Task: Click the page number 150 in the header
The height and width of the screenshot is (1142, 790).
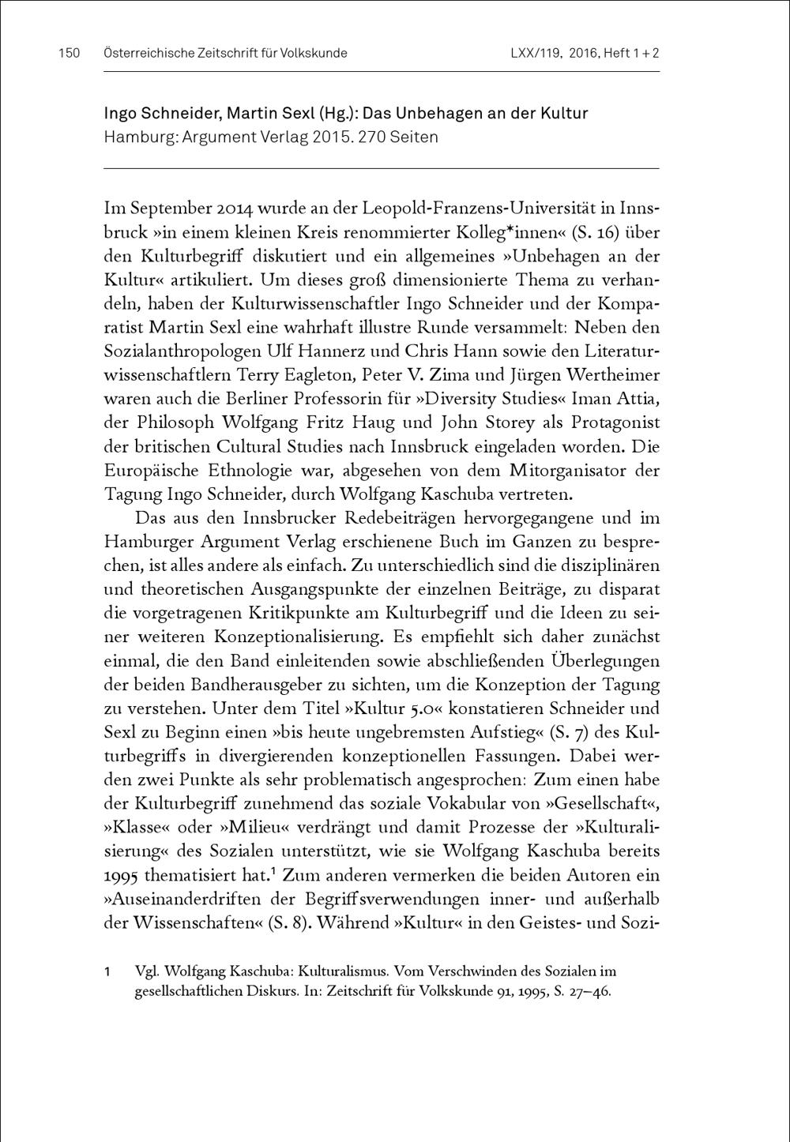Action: point(70,54)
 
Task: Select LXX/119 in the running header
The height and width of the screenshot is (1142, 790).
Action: point(536,54)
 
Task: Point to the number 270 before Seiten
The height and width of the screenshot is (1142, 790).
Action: point(371,137)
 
